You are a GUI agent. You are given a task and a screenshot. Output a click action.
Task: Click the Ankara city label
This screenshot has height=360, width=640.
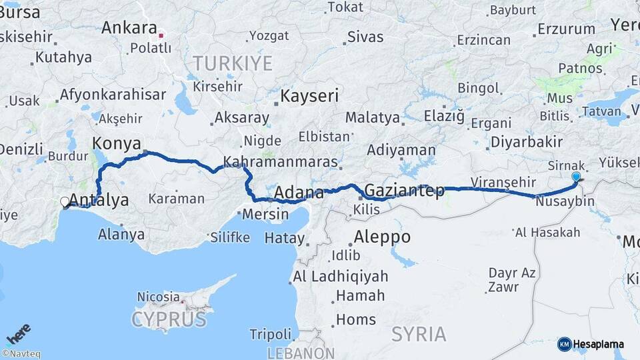129,29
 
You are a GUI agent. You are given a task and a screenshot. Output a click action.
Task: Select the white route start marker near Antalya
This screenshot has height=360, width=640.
65,201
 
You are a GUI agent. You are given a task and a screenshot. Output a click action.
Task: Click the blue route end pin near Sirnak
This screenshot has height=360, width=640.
576,177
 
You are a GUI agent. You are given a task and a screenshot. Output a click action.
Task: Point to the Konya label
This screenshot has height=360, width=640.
117,143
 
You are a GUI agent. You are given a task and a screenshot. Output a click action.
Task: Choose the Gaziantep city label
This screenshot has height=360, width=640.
405,191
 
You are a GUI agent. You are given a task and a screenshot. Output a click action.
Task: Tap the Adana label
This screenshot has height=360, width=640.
299,193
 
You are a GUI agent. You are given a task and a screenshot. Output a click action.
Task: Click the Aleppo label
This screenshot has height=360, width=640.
382,237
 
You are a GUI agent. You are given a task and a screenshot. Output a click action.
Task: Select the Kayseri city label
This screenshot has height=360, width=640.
309,96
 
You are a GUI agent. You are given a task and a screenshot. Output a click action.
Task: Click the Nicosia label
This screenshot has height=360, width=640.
158,297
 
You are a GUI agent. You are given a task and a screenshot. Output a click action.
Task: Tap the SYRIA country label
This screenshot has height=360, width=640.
418,334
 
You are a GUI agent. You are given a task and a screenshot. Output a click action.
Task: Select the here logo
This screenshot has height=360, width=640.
18,334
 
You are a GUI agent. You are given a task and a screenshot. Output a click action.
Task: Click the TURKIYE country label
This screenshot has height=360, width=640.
232,64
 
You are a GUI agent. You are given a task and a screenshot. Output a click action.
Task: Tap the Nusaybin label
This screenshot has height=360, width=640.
565,201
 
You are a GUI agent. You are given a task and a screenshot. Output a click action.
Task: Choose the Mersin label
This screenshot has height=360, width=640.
265,215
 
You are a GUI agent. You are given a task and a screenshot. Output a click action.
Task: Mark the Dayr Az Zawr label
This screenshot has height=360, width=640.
512,280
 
